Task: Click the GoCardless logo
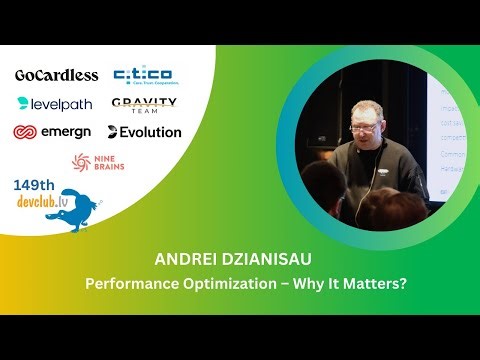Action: (56, 75)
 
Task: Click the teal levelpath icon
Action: (23, 103)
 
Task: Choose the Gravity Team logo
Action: (144, 105)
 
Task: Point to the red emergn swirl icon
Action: (25, 132)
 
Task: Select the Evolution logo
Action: (145, 132)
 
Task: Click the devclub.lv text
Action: (40, 202)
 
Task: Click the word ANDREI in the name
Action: (182, 259)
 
